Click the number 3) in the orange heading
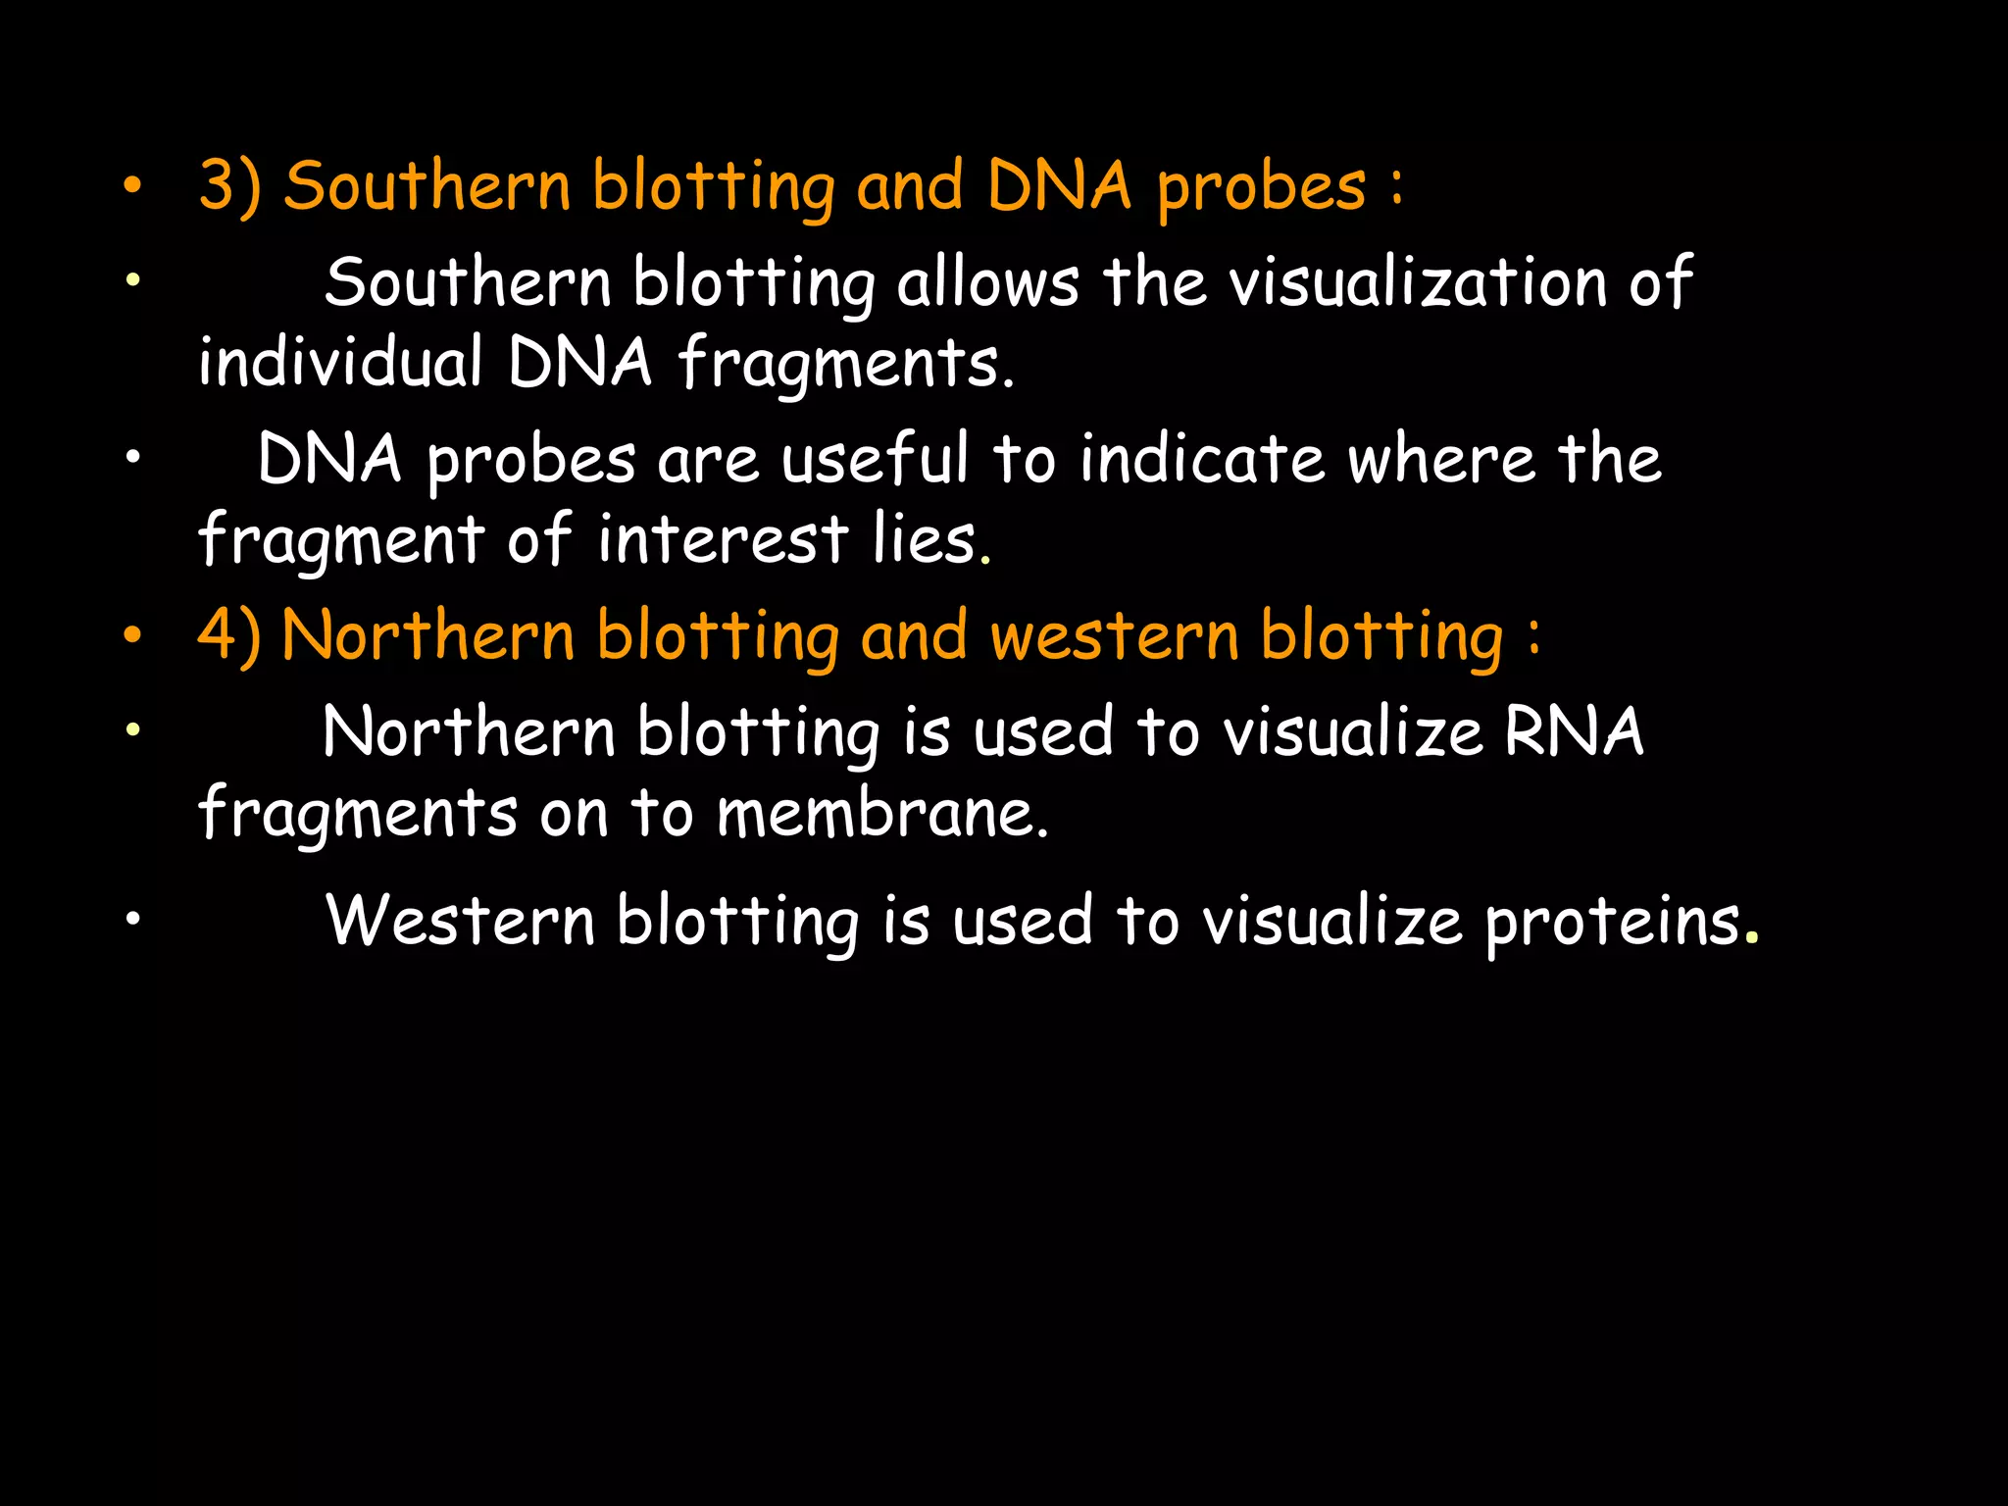(x=229, y=186)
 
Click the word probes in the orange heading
(x=1261, y=188)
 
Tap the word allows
(x=987, y=282)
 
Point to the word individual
(x=340, y=362)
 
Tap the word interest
(x=723, y=538)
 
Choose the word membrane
(x=875, y=813)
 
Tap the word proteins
(x=1612, y=922)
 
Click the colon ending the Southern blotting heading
(x=1396, y=186)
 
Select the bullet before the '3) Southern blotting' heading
(x=133, y=187)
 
